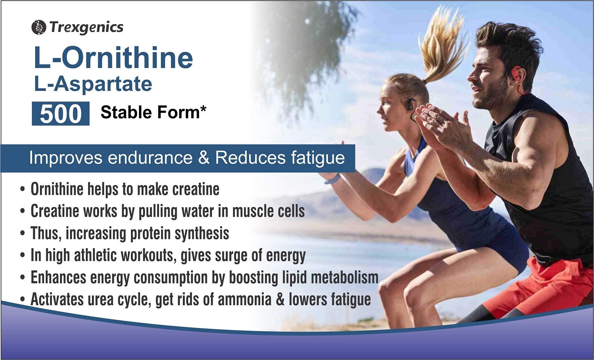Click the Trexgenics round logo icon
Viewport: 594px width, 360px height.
coord(39,27)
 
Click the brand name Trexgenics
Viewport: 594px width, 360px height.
coord(86,27)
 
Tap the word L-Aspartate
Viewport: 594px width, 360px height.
coord(93,84)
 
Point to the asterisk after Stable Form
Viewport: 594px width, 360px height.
coord(203,109)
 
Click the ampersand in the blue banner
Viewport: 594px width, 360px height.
coord(204,158)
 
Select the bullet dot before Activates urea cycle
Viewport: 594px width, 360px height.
coord(22,300)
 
